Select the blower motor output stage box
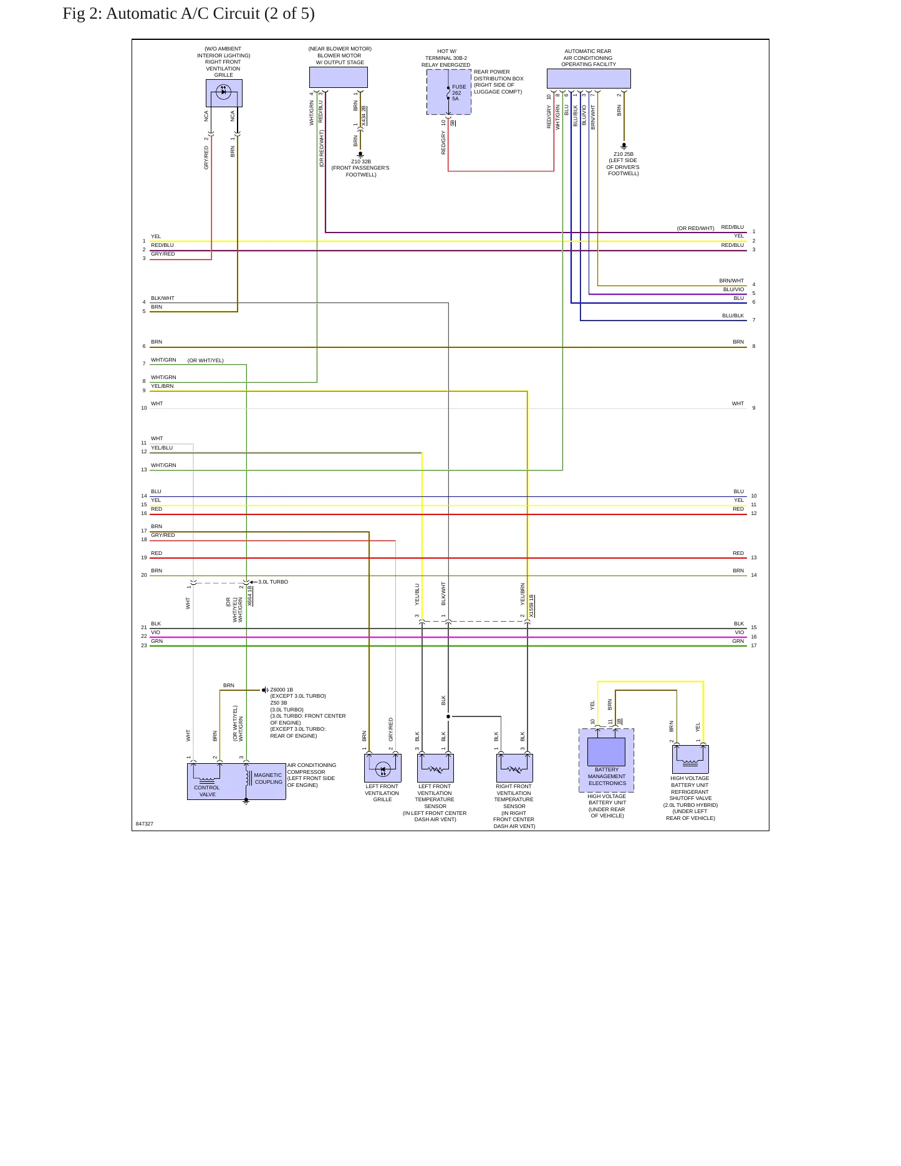pos(339,77)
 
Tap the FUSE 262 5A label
pos(459,93)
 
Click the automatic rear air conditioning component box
pos(589,79)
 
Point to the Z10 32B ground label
pos(361,161)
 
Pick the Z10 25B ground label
pos(624,154)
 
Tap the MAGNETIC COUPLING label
pos(268,779)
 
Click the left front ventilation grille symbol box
pos(383,768)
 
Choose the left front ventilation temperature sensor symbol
pos(435,768)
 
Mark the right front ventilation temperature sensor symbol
pos(514,768)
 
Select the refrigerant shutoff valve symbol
pos(690,759)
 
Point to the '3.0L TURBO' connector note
pos(273,582)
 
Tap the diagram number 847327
pos(145,824)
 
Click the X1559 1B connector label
pos(531,606)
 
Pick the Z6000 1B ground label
pos(282,690)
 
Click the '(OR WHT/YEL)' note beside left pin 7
pos(206,360)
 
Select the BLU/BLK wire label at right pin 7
pos(733,316)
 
